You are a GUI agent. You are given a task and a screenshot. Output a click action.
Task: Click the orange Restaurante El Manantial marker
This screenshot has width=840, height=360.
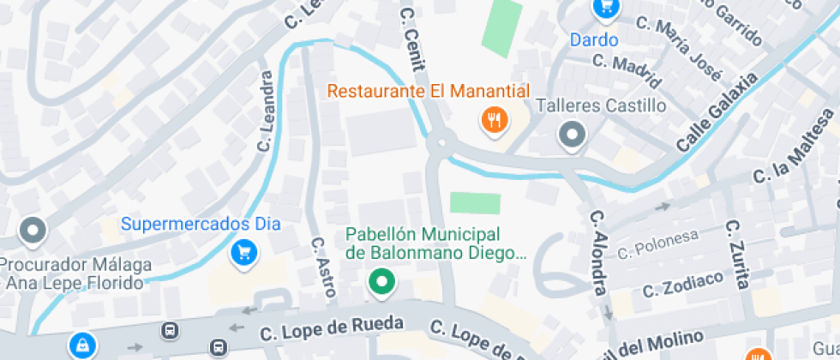[x=494, y=121]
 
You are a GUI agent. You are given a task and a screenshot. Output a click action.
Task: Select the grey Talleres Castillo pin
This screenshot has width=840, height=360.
[x=571, y=135]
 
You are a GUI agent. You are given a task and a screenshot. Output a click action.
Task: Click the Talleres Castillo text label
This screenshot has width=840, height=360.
[x=600, y=105]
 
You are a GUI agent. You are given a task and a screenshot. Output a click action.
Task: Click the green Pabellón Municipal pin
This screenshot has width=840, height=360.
[x=381, y=281]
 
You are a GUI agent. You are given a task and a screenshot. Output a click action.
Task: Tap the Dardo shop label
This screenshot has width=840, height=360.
[x=594, y=39]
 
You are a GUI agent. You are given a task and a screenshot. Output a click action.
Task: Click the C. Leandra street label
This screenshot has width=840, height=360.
[x=265, y=111]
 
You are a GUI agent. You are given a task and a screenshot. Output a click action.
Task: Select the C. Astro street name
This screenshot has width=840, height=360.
[x=323, y=267]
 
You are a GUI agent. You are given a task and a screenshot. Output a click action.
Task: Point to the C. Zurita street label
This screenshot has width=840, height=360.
[x=738, y=254]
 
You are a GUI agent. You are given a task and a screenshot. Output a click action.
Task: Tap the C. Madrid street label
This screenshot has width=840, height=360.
[x=627, y=72]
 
